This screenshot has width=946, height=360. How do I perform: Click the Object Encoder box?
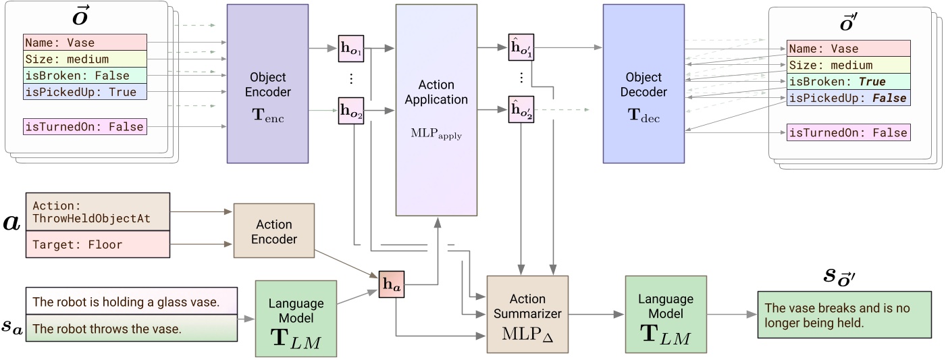tap(267, 84)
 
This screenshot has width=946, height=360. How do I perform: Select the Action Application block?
tap(436, 110)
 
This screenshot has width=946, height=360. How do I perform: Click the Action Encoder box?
tap(273, 232)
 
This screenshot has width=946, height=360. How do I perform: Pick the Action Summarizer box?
tap(529, 314)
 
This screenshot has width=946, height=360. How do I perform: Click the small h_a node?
tap(390, 285)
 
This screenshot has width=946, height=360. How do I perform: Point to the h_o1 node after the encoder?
tap(350, 49)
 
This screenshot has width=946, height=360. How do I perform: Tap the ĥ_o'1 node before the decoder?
tap(521, 49)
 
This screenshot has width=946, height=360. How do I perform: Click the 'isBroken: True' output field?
tap(848, 82)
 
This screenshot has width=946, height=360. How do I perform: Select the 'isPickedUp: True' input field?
tap(84, 92)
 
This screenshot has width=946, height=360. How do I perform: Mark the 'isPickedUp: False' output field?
tap(848, 99)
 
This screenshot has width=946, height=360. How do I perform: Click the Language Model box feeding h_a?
tap(286, 318)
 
